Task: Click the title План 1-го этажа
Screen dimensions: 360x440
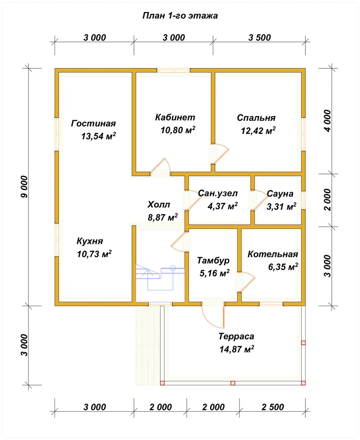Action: [180, 16]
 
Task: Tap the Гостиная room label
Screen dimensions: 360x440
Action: [93, 123]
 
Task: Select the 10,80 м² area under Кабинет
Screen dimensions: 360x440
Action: [178, 130]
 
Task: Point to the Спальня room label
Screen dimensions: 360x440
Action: [256, 118]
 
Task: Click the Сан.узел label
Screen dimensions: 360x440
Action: [218, 194]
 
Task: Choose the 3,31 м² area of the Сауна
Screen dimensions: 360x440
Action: [281, 207]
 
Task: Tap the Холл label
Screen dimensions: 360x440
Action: [159, 205]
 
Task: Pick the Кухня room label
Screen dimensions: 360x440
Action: [90, 241]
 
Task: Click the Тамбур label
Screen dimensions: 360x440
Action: [213, 261]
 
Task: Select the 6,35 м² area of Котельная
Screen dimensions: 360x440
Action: [283, 267]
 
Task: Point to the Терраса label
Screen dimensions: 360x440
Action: [236, 336]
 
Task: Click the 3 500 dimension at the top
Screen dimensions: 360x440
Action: [260, 38]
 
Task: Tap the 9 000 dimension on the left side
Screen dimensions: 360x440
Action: [24, 187]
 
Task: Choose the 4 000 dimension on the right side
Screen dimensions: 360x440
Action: [327, 121]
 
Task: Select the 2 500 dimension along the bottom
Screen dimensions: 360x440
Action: [273, 407]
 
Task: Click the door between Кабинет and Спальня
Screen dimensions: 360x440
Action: [220, 154]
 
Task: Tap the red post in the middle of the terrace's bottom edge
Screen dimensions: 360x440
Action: [233, 383]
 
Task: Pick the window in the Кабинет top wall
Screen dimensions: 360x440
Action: [173, 70]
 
